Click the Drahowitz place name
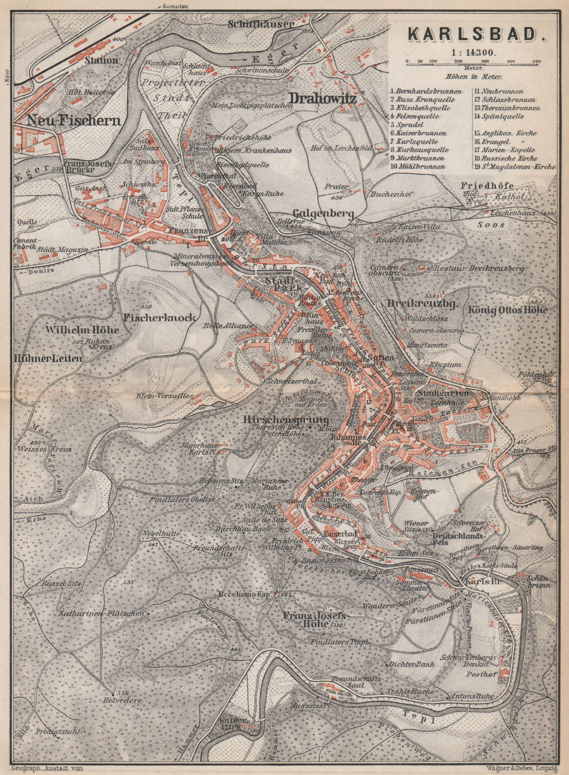pos(323,99)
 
